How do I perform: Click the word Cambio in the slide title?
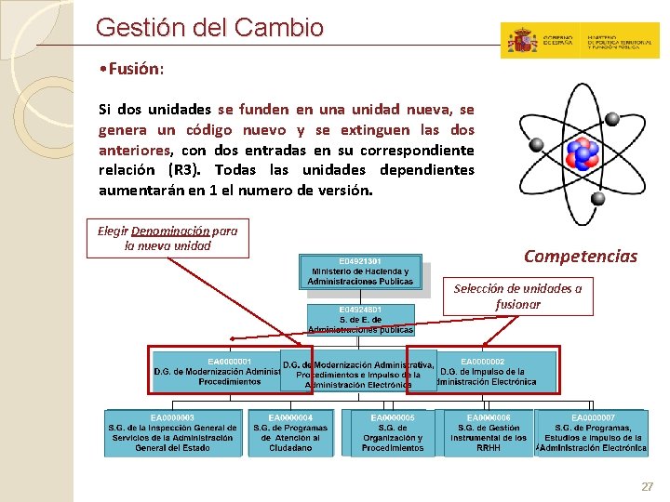279,28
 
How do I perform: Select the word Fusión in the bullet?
135,70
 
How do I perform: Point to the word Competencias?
581,257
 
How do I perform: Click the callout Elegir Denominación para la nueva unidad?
167,238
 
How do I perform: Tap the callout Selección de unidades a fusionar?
517,296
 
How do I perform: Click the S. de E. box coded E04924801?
360,319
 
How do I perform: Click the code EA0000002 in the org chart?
482,362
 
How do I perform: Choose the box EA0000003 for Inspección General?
173,433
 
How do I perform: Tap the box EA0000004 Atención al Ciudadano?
290,433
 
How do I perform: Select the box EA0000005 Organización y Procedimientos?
392,433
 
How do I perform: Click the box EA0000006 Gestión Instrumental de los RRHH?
489,433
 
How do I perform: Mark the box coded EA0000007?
593,433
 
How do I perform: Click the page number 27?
648,487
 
